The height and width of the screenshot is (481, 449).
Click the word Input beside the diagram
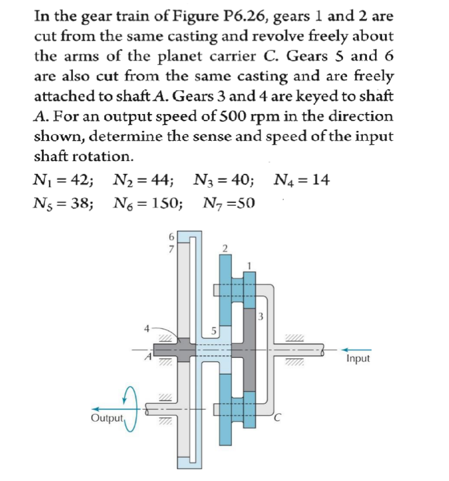click(x=358, y=358)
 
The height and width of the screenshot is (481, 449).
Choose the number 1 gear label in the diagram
click(x=250, y=265)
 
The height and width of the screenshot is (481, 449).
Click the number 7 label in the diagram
click(x=170, y=246)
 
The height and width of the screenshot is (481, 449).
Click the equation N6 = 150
click(x=148, y=204)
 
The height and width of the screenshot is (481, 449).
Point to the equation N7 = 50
click(x=230, y=204)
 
